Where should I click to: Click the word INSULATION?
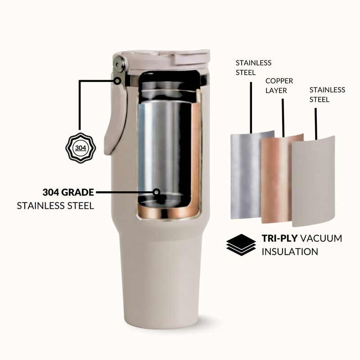(290, 251)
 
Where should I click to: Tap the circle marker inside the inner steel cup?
(157, 192)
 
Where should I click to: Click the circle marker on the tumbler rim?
(118, 81)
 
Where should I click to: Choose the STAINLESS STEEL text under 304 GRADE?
(55, 206)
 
